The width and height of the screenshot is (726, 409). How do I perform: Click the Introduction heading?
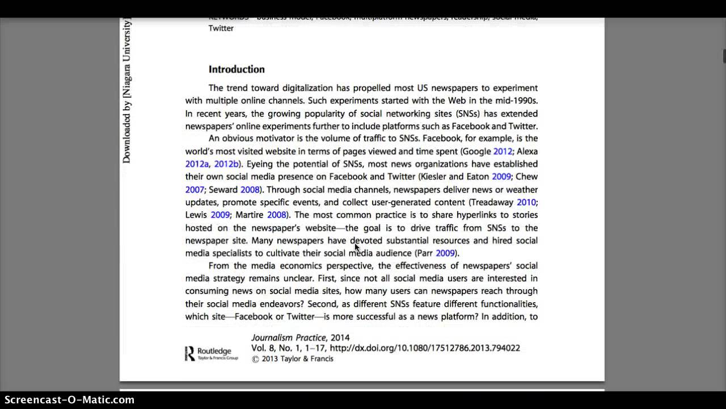click(x=237, y=69)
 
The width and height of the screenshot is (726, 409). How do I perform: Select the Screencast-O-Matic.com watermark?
click(x=67, y=400)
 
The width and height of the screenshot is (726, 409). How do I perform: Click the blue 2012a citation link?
click(x=197, y=164)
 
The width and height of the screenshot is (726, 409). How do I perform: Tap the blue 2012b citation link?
click(x=226, y=164)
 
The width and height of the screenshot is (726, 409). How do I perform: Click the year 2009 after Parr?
click(x=445, y=253)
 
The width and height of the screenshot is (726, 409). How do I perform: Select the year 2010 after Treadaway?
click(x=526, y=202)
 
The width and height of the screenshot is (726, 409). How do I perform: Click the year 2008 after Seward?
click(x=250, y=190)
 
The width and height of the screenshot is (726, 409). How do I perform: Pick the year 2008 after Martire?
click(x=276, y=215)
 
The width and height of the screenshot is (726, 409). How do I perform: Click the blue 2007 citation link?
click(x=195, y=190)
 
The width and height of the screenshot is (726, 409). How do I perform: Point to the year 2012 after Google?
click(x=503, y=152)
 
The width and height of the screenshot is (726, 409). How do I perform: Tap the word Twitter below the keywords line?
click(x=221, y=28)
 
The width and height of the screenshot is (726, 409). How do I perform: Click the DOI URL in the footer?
click(x=425, y=348)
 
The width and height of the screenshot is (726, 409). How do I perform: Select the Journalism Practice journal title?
click(x=289, y=337)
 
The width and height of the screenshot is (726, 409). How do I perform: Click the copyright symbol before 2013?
click(x=255, y=359)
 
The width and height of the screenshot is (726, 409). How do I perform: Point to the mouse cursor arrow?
click(x=357, y=247)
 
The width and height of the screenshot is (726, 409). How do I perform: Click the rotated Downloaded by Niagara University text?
click(x=126, y=91)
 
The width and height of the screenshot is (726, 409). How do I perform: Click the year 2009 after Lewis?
click(x=220, y=215)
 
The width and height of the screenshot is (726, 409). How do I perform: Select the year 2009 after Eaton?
click(x=501, y=177)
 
